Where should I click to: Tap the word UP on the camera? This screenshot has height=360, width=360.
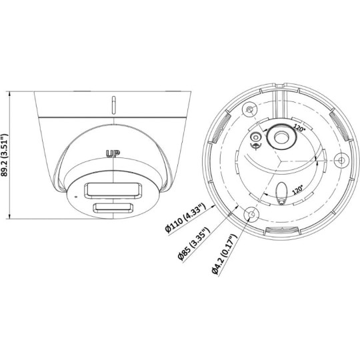(114, 153)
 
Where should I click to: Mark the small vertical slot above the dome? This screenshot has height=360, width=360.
(115, 105)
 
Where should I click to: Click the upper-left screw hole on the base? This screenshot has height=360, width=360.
(249, 109)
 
